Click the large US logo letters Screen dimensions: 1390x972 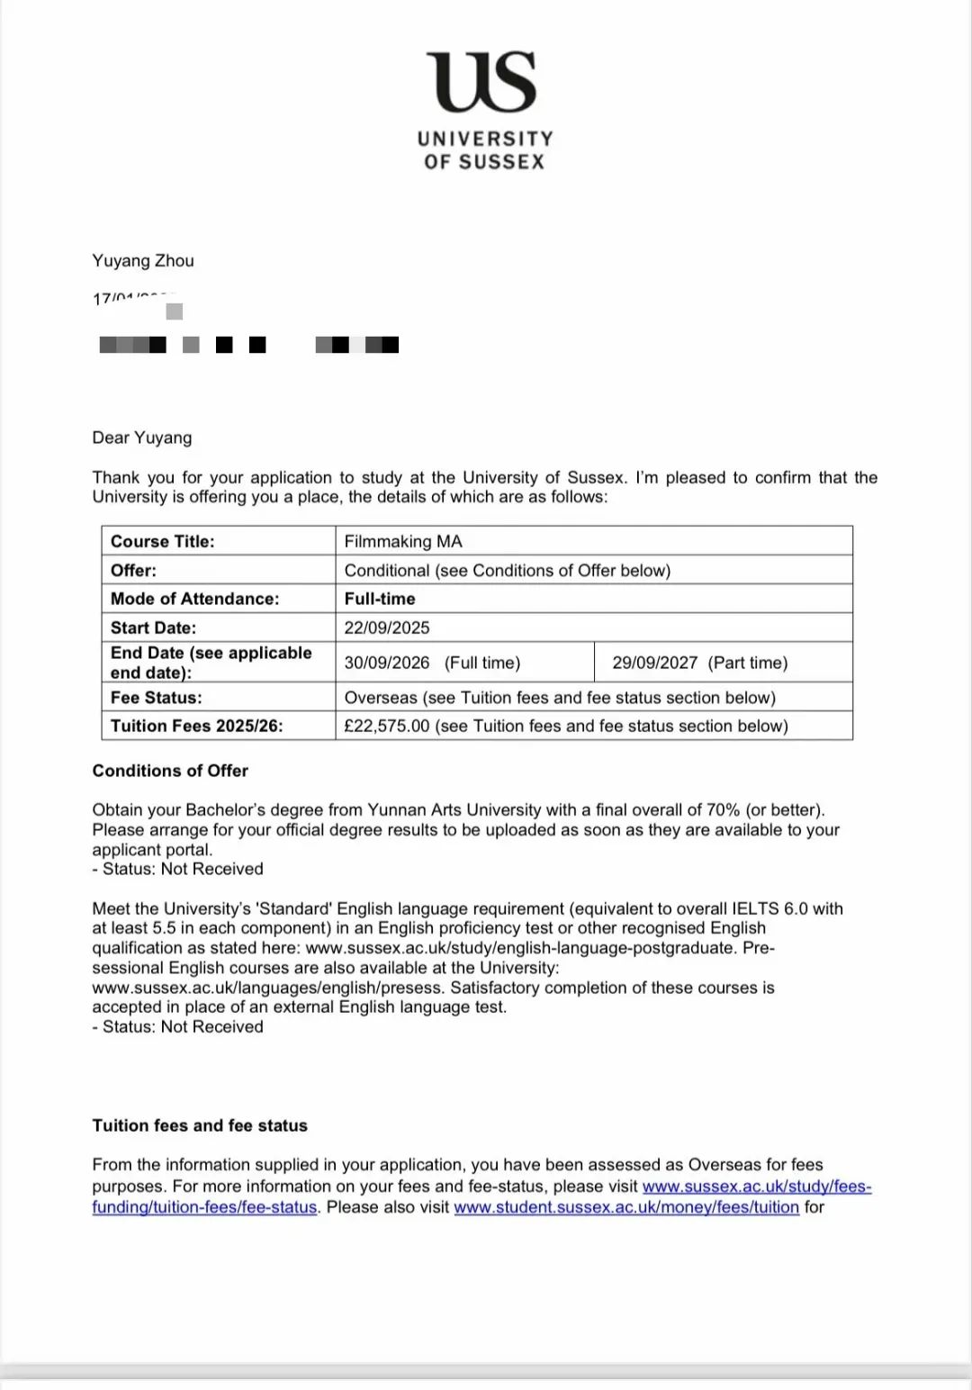[484, 82]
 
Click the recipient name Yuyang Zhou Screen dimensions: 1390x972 [143, 261]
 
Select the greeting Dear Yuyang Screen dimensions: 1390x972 [142, 438]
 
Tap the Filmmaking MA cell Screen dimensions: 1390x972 [403, 541]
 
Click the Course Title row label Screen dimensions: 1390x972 [162, 541]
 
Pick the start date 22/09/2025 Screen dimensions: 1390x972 [387, 627]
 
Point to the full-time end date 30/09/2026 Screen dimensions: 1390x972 [387, 663]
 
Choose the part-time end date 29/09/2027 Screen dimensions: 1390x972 [654, 663]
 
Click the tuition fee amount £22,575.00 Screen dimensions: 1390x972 [387, 726]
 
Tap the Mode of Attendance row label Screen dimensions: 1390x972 [194, 599]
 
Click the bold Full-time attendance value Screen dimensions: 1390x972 [380, 599]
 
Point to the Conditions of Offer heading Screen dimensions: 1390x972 [170, 771]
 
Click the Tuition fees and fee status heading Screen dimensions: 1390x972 [200, 1125]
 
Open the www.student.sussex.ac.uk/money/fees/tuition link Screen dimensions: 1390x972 [626, 1207]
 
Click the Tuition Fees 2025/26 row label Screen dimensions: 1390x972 [196, 726]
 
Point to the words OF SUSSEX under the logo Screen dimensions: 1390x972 [484, 162]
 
